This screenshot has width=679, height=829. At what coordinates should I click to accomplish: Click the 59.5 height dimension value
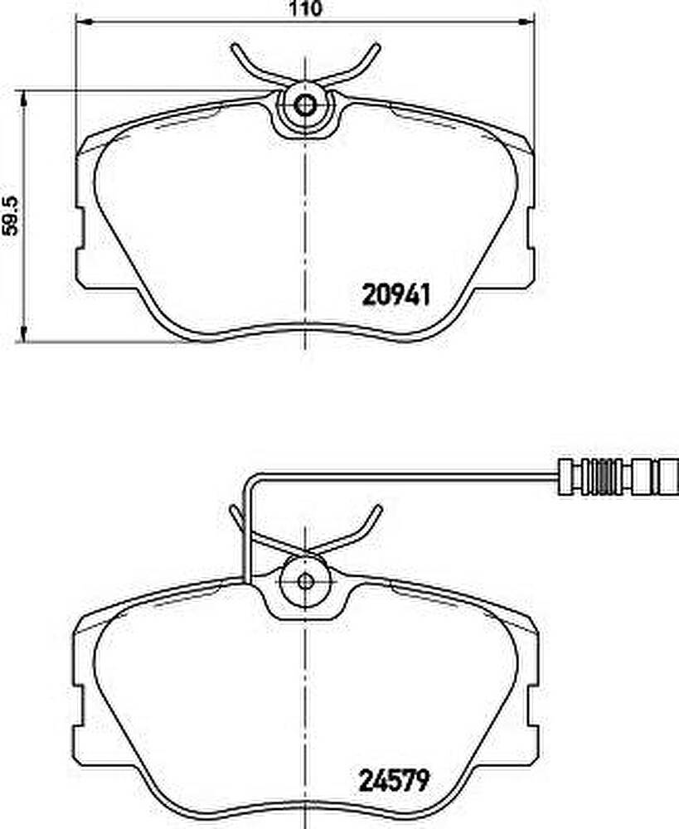coord(11,216)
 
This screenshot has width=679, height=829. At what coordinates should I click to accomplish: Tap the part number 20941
coord(396,294)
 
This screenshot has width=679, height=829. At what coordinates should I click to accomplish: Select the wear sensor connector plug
coord(618,478)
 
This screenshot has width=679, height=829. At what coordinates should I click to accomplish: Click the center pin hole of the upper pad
coord(304,105)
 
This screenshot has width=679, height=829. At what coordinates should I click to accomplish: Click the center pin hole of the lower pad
coord(305,581)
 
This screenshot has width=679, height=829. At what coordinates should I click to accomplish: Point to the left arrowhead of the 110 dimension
coord(84,22)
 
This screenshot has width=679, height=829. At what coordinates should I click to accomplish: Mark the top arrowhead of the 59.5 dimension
coord(22,98)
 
